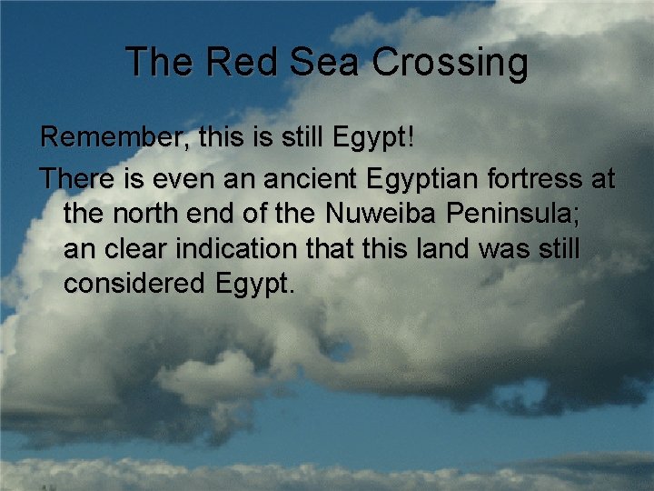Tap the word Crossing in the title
pyautogui.click(x=450, y=63)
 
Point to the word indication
pyautogui.click(x=242, y=248)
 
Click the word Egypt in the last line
pyautogui.click(x=255, y=285)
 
